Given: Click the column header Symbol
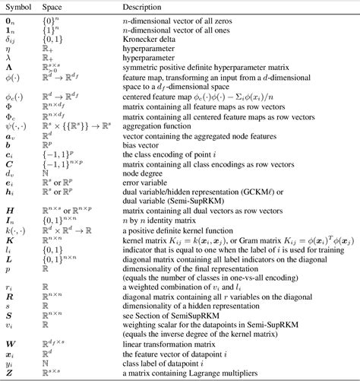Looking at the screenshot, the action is click(18, 6).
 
